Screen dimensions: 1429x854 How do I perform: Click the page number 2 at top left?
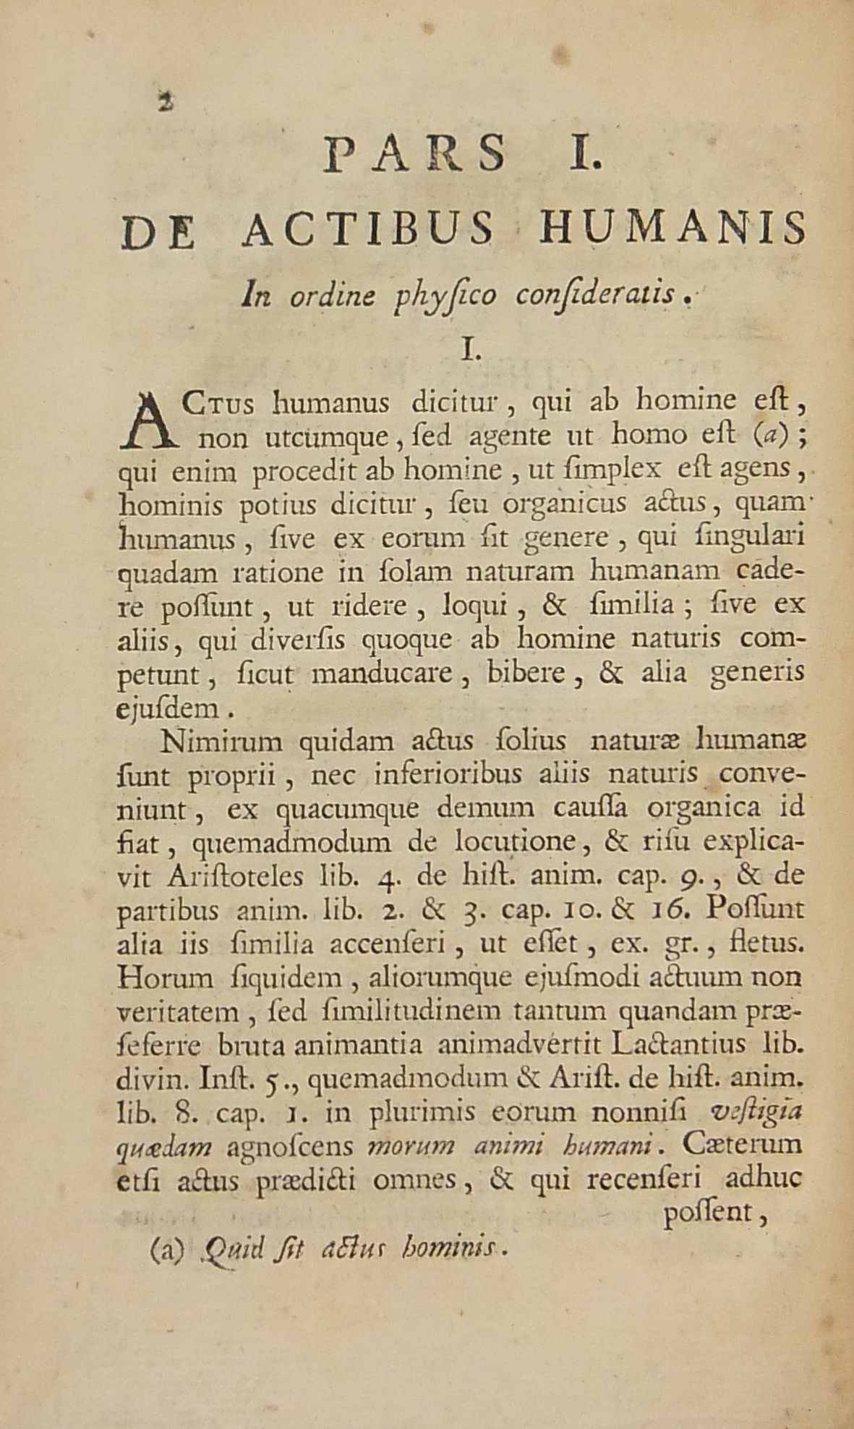pyautogui.click(x=167, y=102)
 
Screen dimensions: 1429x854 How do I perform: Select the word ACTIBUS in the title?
pyautogui.click(x=368, y=228)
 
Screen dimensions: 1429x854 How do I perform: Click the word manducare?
pyautogui.click(x=381, y=674)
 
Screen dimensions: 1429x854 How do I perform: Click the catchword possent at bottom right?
pyautogui.click(x=714, y=1213)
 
